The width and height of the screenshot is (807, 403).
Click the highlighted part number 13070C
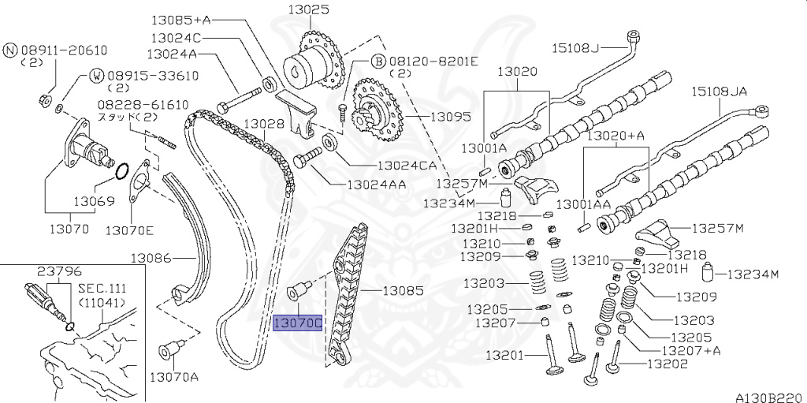coord(297,323)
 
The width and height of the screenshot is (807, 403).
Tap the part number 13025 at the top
coord(308,10)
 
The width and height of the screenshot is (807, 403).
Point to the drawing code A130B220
coord(770,397)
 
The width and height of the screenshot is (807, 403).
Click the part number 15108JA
coord(719,91)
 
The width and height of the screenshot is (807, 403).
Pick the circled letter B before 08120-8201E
coord(377,61)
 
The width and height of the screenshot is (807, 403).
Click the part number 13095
coord(450,117)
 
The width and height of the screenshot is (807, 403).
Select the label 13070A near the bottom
coord(174,376)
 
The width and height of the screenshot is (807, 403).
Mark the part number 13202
coord(667,364)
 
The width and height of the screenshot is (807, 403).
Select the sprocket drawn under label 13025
coord(315,63)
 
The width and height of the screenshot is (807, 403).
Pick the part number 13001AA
coord(583,204)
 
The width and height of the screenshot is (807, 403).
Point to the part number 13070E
coord(130,231)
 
